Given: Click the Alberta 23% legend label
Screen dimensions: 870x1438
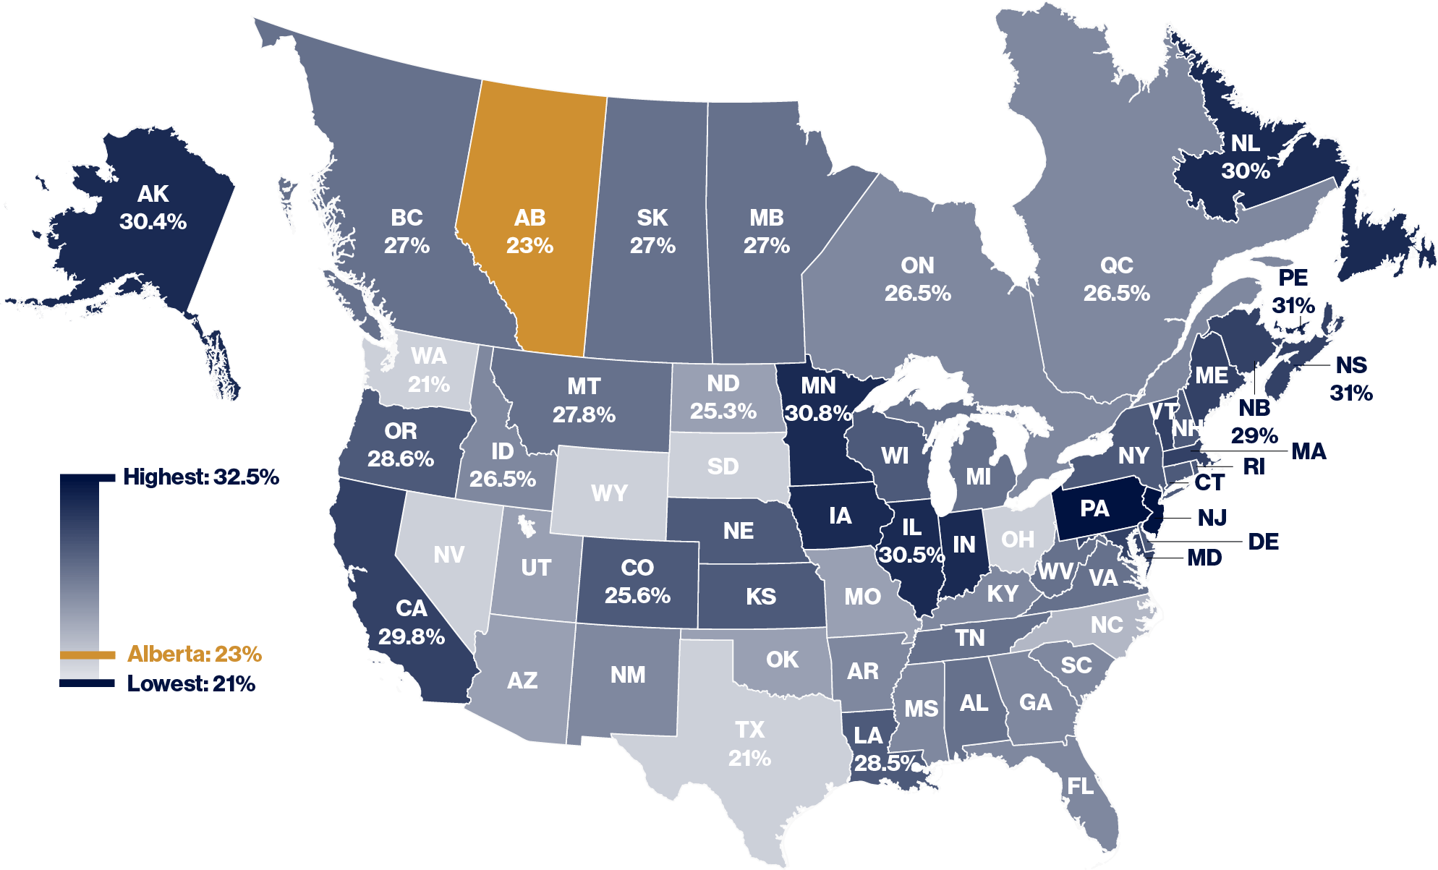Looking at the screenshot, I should pos(194,654).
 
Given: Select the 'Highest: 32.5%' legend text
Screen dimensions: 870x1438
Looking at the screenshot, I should pos(200,477).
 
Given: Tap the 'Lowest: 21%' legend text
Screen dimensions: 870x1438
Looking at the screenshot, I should pos(191,684).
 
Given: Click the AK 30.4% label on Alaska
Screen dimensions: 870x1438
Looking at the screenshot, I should pos(153,208).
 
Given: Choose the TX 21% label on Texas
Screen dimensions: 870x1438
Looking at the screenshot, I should pos(749,744).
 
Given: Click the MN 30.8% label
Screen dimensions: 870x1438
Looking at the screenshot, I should pos(818,399).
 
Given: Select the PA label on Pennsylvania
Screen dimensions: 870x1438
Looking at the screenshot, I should pos(1094,509).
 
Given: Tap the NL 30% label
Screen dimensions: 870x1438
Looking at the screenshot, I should pos(1246,157).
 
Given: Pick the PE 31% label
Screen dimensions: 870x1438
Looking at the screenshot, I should pos(1293,291).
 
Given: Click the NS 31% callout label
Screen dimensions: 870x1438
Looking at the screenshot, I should pos(1351,379).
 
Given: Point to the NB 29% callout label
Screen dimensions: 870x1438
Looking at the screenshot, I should pos(1254,422).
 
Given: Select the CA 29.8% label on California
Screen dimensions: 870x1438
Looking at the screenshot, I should pos(411,623).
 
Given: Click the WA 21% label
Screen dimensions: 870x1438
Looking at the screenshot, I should pos(429,370).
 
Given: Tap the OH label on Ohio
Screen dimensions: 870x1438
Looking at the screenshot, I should pos(1018,540).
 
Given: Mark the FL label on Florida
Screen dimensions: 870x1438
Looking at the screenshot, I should pos(1081,786).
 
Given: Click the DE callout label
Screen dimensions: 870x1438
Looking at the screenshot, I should pos(1263,542).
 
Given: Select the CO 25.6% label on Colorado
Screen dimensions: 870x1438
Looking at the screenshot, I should pos(637,581).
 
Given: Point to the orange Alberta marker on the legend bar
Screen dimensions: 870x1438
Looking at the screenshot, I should pos(87,655).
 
